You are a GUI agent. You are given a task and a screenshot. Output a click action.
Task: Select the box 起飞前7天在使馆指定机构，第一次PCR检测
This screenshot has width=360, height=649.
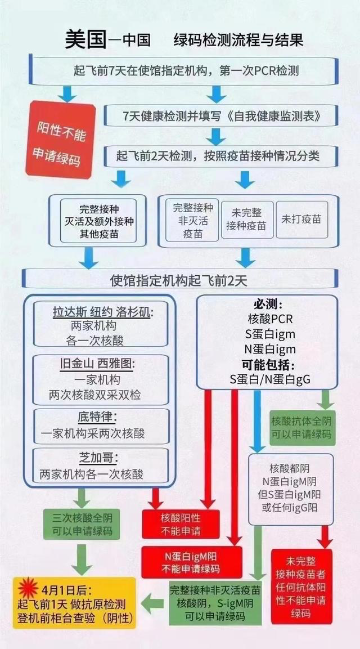[x=186, y=71]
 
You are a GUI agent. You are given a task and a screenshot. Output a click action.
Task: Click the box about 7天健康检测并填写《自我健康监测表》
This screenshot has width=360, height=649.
[x=222, y=117]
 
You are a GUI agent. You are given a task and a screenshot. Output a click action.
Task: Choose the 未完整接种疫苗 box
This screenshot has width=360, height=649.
[x=247, y=219]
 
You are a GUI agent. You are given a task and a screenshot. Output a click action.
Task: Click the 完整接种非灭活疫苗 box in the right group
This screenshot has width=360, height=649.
[x=190, y=220]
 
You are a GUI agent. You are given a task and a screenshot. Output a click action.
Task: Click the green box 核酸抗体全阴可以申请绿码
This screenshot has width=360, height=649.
[x=302, y=428]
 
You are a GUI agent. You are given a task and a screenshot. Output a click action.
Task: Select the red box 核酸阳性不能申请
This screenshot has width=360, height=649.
[x=181, y=524]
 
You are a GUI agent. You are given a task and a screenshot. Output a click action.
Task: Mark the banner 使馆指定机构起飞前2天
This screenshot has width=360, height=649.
[x=179, y=279]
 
